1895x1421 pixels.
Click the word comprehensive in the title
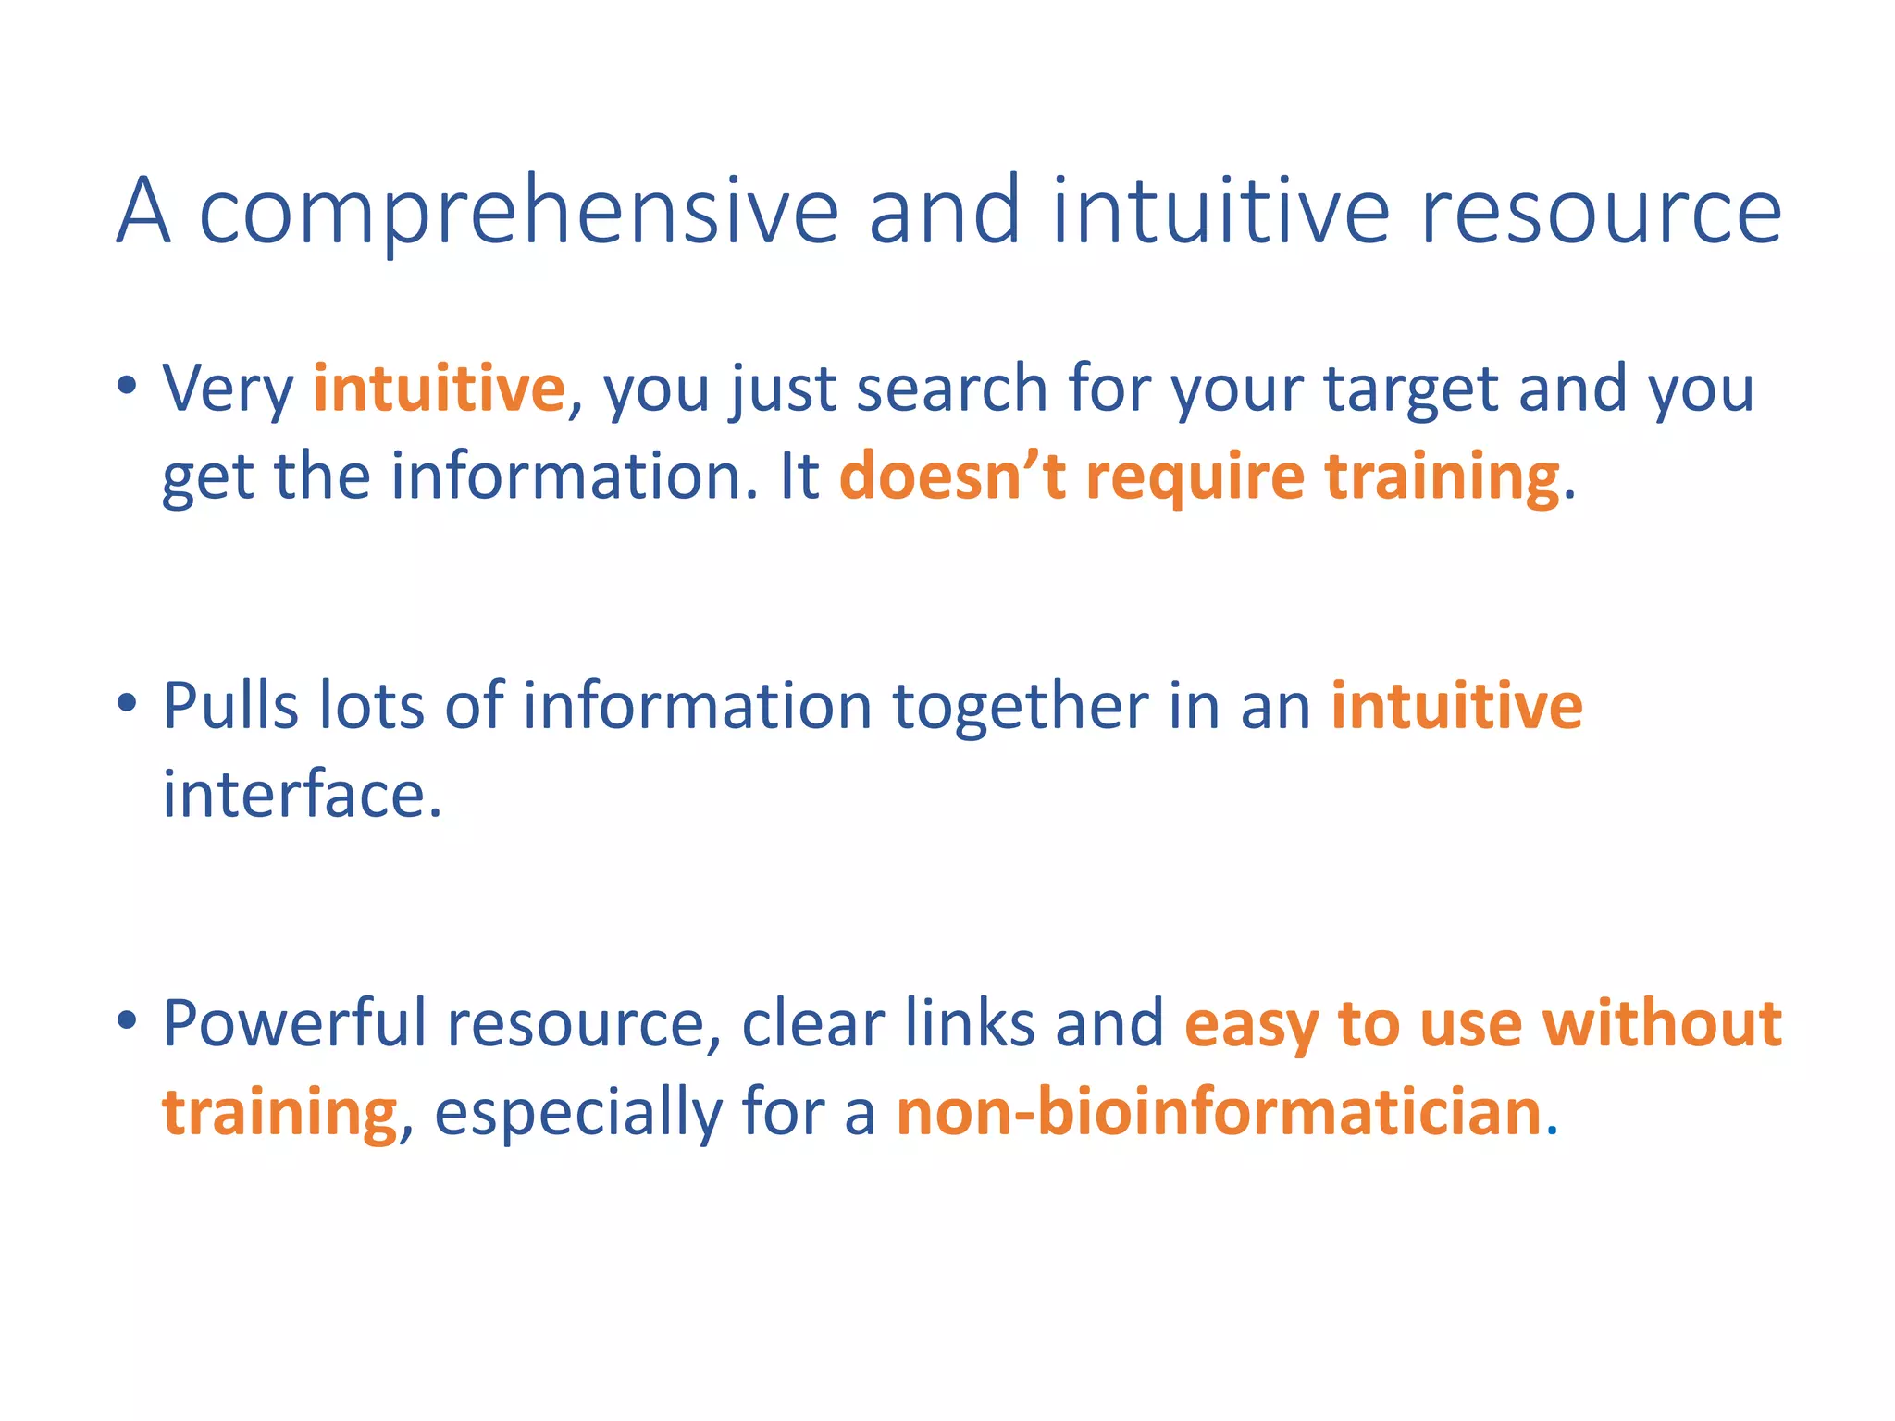click(519, 213)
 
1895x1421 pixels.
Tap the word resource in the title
click(1601, 213)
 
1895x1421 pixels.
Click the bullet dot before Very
click(128, 384)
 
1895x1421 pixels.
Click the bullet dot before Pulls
click(128, 703)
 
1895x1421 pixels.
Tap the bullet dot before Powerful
click(128, 1020)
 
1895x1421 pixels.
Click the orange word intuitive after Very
click(439, 388)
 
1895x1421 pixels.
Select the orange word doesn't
click(952, 476)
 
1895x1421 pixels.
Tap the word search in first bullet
click(952, 388)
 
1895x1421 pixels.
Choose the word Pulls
click(230, 706)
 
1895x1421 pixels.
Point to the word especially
click(577, 1114)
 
